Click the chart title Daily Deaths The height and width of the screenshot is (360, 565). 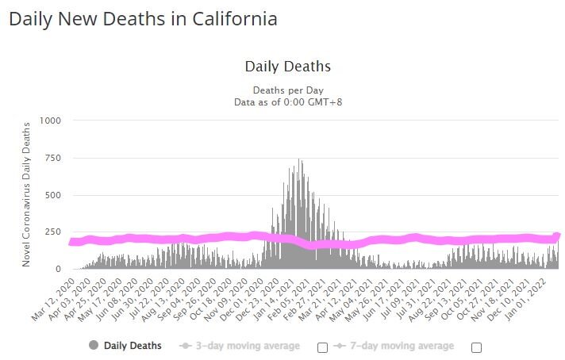[287, 67]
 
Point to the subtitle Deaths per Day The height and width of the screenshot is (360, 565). [287, 90]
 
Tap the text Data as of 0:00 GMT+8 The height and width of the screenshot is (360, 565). [287, 101]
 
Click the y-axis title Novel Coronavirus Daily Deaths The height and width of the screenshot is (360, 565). [26, 193]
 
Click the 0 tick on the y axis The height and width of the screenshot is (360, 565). [57, 270]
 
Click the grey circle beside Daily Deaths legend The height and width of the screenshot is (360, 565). [93, 346]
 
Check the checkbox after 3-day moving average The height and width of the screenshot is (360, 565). [322, 347]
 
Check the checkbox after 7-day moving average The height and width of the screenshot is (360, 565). [476, 347]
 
